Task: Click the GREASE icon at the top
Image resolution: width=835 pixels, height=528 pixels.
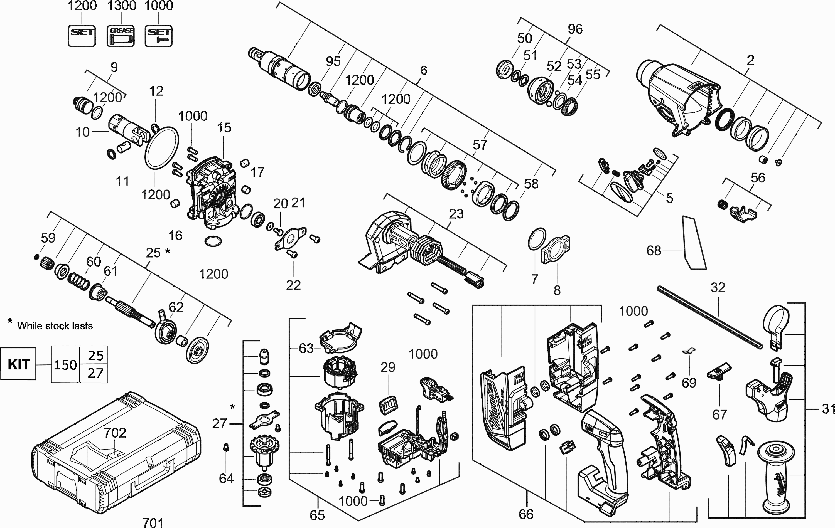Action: pyautogui.click(x=120, y=36)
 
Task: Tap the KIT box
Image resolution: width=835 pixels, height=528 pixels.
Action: pyautogui.click(x=18, y=364)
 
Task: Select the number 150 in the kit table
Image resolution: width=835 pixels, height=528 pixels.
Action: pyautogui.click(x=65, y=365)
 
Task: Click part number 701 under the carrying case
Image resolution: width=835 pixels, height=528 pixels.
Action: pyautogui.click(x=153, y=522)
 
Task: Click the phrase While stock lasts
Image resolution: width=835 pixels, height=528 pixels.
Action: pyautogui.click(x=55, y=326)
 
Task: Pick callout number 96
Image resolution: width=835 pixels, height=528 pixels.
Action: pyautogui.click(x=575, y=29)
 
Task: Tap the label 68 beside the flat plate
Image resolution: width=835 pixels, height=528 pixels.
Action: pyautogui.click(x=654, y=250)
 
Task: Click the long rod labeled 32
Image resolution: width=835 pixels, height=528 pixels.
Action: pyautogui.click(x=709, y=317)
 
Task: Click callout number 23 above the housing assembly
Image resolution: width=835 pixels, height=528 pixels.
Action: pyautogui.click(x=456, y=214)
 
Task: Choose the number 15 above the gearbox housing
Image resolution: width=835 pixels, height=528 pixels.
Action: pyautogui.click(x=224, y=128)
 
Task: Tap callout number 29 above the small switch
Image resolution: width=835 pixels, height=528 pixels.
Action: pyautogui.click(x=388, y=367)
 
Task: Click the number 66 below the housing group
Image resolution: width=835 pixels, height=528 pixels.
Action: pyautogui.click(x=526, y=514)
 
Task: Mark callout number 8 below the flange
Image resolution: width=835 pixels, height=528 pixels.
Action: pyautogui.click(x=557, y=290)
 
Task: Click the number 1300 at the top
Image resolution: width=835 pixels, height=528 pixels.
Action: pyautogui.click(x=121, y=6)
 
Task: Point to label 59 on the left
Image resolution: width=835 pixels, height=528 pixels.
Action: pyautogui.click(x=48, y=238)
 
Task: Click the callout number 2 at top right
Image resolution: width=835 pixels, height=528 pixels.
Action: pyautogui.click(x=750, y=60)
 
